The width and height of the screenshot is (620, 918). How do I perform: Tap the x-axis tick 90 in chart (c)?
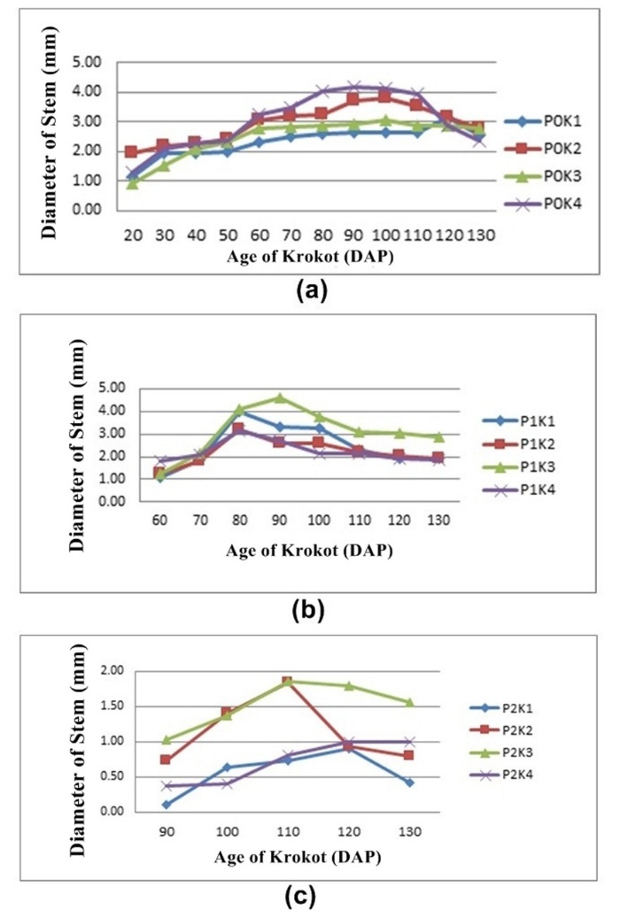click(166, 832)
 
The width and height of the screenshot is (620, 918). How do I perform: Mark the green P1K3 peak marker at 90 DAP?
click(279, 398)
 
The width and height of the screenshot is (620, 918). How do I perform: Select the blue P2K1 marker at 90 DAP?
click(166, 805)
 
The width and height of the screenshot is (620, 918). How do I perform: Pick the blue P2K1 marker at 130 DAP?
click(409, 783)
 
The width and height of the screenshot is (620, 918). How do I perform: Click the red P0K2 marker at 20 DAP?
click(131, 152)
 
